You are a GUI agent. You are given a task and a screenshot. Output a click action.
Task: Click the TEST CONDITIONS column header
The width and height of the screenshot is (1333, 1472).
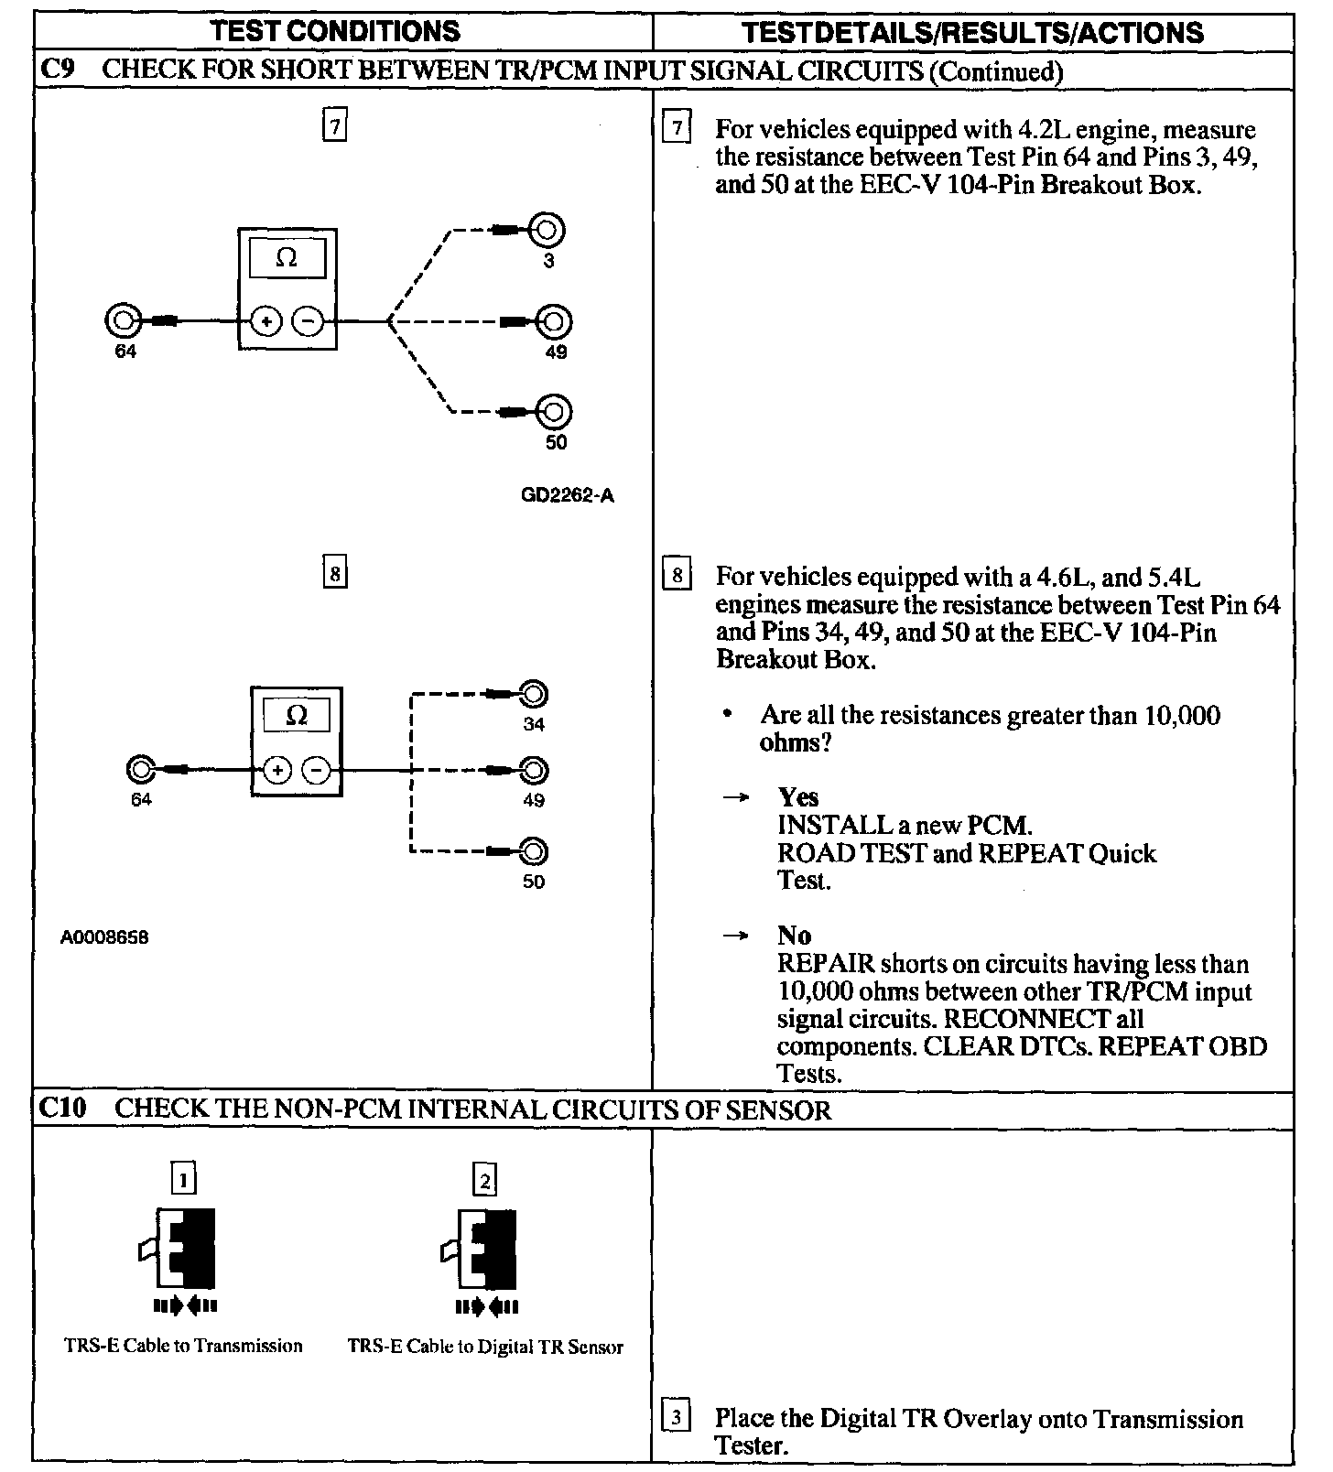click(335, 32)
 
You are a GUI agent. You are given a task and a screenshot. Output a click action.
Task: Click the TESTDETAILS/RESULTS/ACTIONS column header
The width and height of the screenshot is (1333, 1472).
click(972, 33)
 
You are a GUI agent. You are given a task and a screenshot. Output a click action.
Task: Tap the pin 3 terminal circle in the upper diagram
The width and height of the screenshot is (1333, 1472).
click(547, 230)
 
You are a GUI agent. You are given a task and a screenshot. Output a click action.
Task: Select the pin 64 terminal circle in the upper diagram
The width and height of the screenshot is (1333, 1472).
click(124, 321)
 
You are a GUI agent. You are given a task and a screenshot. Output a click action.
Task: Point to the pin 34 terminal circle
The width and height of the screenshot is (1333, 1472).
click(533, 695)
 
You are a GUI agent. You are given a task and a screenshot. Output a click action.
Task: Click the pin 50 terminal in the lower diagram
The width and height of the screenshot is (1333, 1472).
click(533, 852)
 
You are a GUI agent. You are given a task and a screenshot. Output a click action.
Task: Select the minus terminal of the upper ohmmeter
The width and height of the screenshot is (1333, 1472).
click(308, 321)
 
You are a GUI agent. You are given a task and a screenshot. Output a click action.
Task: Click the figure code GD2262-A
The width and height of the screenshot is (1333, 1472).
click(568, 496)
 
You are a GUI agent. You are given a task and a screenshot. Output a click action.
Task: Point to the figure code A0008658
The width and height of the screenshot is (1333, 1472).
click(105, 937)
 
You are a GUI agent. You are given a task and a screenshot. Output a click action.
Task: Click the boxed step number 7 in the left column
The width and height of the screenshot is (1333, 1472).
click(335, 125)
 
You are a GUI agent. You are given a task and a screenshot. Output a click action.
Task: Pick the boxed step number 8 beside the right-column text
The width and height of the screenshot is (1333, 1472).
click(677, 575)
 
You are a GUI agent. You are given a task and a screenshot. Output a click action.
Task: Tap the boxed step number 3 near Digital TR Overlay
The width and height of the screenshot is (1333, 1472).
click(676, 1418)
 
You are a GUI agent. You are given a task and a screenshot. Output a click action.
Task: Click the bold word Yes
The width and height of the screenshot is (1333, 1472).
click(797, 797)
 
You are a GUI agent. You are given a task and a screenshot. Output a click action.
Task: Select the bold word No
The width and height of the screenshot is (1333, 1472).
click(794, 936)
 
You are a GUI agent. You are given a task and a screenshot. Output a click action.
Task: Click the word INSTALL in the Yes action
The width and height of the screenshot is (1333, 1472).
click(821, 825)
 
